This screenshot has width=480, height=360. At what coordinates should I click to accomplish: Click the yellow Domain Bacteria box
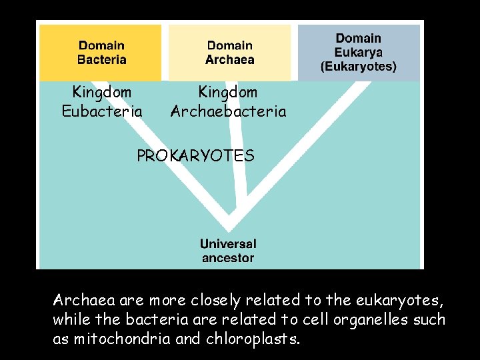pyautogui.click(x=101, y=53)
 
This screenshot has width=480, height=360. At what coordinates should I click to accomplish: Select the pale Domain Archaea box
pyautogui.click(x=229, y=53)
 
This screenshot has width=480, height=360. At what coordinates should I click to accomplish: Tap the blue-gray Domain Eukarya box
pyautogui.click(x=359, y=53)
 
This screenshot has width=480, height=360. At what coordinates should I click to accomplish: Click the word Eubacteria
pyautogui.click(x=102, y=111)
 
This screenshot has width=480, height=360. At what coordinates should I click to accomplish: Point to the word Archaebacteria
pyautogui.click(x=228, y=111)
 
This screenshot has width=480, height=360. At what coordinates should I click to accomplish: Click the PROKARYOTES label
pyautogui.click(x=195, y=156)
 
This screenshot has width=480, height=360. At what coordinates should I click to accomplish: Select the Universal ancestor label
pyautogui.click(x=228, y=251)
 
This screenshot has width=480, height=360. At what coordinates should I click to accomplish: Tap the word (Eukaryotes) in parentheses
pyautogui.click(x=359, y=67)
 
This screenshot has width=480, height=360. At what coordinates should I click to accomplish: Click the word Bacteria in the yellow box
pyautogui.click(x=102, y=59)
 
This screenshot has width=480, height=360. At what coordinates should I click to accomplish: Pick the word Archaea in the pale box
pyautogui.click(x=230, y=59)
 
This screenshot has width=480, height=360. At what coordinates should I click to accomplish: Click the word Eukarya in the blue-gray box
pyautogui.click(x=359, y=53)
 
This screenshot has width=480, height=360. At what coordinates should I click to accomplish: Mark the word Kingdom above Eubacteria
pyautogui.click(x=102, y=91)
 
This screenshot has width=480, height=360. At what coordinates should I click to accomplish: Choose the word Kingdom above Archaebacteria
pyautogui.click(x=228, y=91)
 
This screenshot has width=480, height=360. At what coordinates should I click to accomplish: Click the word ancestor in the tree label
pyautogui.click(x=228, y=258)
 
